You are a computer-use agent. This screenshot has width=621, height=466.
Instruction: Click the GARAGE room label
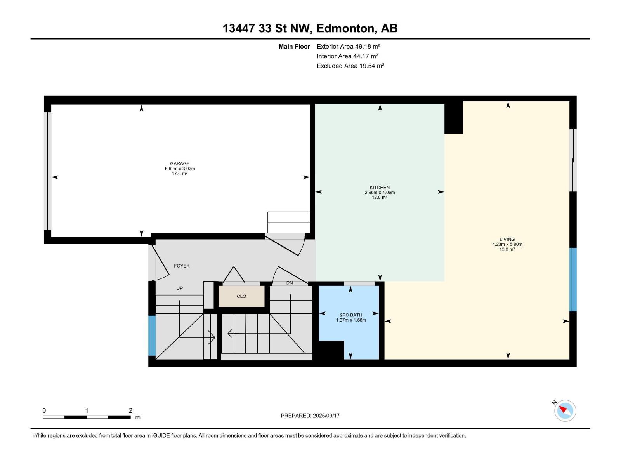point(180,163)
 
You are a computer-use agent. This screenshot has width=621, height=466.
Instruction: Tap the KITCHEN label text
point(380,188)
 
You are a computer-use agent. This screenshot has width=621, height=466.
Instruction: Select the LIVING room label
point(507,239)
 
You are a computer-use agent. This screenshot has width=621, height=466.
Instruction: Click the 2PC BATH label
point(351,315)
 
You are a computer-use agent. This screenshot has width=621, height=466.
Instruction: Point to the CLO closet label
point(241,297)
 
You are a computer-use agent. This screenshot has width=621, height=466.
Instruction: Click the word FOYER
point(182,266)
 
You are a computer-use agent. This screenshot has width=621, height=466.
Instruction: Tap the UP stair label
point(180,288)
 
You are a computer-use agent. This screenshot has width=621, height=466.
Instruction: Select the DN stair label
point(290,283)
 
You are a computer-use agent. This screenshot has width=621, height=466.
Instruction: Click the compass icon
point(565,411)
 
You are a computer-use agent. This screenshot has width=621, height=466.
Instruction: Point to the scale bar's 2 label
point(130,410)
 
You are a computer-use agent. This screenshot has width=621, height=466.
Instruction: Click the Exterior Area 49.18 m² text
point(348,46)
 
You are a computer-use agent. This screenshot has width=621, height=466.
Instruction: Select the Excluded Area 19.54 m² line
point(350,66)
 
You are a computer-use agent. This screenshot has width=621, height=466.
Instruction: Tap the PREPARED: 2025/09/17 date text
point(310,416)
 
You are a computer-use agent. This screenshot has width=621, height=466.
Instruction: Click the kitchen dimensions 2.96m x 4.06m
point(380,192)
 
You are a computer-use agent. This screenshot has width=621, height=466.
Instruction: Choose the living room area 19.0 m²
point(507,249)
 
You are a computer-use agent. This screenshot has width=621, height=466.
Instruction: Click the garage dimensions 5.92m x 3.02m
point(180,169)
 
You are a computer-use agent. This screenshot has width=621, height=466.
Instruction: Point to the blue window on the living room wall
point(572,280)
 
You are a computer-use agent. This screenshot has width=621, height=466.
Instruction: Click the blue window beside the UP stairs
point(152,336)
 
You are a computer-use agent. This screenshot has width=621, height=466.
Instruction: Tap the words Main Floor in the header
point(294,46)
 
